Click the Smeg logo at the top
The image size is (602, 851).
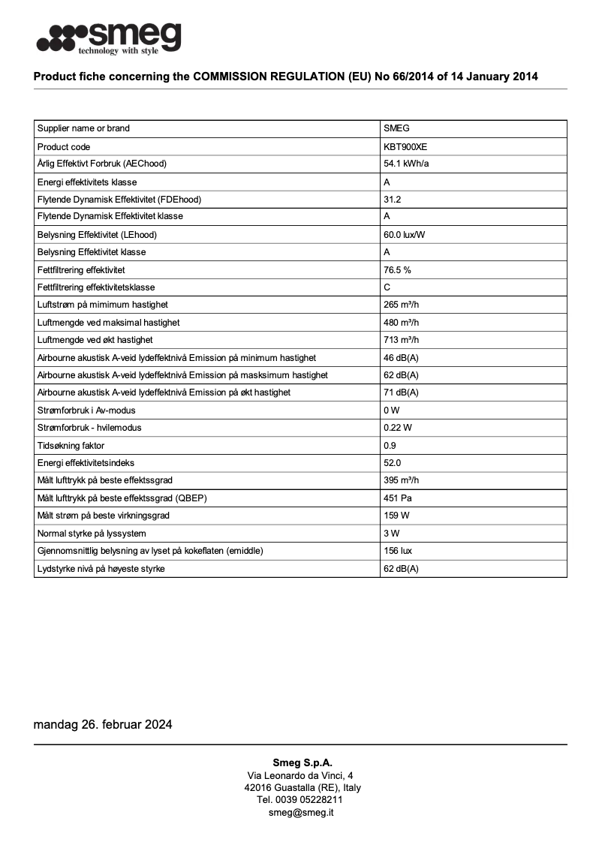point(109,38)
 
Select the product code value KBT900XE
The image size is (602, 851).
point(405,147)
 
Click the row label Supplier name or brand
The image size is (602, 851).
point(83,128)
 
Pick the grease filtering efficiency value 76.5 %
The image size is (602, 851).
point(397,269)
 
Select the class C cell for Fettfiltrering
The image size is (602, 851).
point(387,287)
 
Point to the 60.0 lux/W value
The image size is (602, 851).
point(405,235)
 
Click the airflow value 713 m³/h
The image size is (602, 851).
point(401,340)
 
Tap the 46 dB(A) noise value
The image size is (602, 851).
point(401,358)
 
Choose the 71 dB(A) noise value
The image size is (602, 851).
point(401,392)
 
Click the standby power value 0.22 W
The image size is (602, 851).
point(397,428)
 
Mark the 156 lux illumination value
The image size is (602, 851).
point(397,551)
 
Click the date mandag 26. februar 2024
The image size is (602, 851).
point(103,725)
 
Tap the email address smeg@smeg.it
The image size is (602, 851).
point(301,813)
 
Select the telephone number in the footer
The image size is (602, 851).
point(300,800)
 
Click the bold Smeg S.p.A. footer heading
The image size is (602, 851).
point(302,762)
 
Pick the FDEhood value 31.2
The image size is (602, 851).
point(392,200)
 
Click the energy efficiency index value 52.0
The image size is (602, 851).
point(392,463)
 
